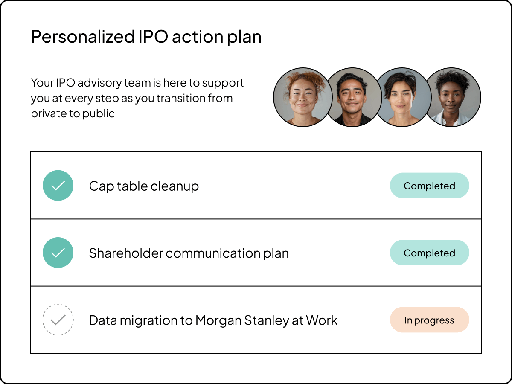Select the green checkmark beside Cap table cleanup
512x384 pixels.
58,186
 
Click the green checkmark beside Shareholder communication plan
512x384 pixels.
58,253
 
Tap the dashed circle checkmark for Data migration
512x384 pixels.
58,320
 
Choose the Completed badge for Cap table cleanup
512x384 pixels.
429,186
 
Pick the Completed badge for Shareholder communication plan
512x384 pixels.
429,253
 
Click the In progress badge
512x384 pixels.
429,320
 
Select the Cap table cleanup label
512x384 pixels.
144,186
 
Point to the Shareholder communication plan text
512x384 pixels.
189,253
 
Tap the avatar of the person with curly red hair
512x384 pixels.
302,97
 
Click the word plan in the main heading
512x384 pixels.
244,37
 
